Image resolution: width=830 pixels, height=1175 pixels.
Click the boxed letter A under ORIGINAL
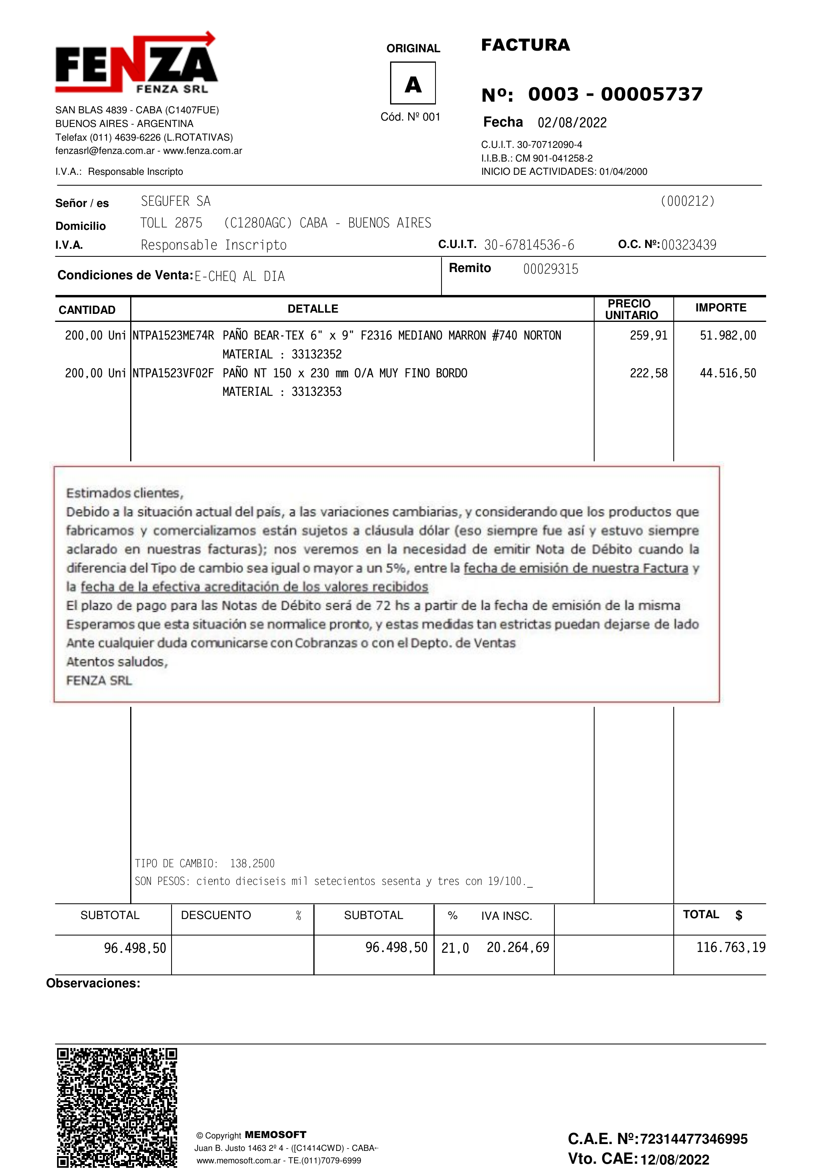tap(413, 84)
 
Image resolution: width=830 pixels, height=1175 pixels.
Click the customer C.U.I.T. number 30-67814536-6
tap(529, 245)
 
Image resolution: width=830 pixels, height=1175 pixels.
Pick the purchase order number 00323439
tap(688, 245)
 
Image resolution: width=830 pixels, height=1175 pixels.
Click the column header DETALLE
tap(313, 309)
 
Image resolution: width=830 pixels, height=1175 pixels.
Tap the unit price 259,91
tap(648, 336)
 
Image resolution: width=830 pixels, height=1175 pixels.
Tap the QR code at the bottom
tap(117, 1108)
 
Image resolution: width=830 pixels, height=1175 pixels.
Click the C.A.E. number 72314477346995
tap(693, 1139)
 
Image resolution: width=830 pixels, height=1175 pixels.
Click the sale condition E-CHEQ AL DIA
tap(239, 277)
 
